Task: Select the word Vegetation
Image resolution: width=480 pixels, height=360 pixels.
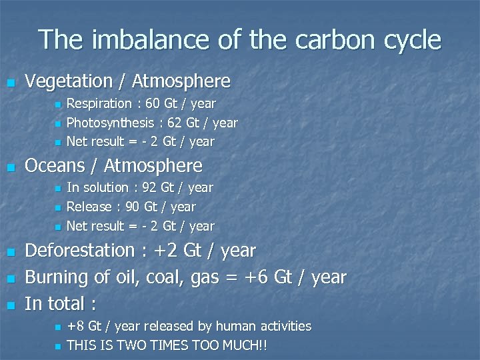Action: click(x=69, y=81)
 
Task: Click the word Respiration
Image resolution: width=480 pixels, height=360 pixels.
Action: click(x=99, y=103)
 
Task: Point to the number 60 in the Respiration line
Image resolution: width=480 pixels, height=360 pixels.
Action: click(x=153, y=103)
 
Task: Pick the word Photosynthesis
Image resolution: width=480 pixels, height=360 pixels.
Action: click(x=109, y=123)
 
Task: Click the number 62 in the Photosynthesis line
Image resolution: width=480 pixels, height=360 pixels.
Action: click(x=175, y=123)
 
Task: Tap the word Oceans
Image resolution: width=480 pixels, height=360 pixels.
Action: click(x=55, y=165)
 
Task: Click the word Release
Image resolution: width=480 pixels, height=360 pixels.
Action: click(x=89, y=207)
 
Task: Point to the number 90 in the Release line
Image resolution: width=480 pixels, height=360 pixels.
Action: click(x=133, y=207)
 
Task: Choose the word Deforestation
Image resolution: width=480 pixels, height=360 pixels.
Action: click(x=80, y=251)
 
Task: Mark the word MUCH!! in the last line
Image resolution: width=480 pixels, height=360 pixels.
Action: click(x=249, y=345)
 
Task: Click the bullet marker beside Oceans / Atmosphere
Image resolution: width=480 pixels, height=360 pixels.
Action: click(x=9, y=167)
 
